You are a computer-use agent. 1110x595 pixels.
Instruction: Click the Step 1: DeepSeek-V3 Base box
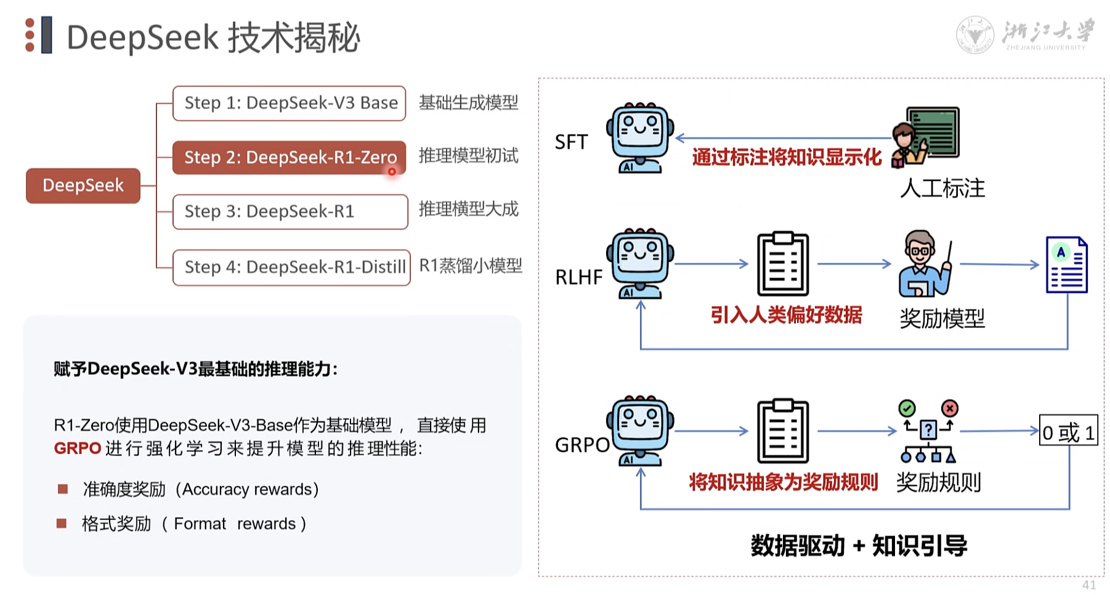click(x=289, y=103)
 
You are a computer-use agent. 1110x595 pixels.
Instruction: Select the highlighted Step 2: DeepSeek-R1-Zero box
click(x=289, y=158)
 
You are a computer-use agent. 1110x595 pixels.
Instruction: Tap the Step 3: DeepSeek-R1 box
click(x=290, y=212)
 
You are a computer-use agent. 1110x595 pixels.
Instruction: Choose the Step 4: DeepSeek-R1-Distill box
click(x=291, y=267)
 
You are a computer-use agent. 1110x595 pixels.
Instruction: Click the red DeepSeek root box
click(x=83, y=185)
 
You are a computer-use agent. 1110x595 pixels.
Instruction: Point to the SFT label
click(x=571, y=142)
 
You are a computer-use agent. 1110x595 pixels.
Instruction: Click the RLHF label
click(x=578, y=278)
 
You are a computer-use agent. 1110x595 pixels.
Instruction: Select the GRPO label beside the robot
click(x=581, y=445)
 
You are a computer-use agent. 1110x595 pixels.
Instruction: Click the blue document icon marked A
click(x=1066, y=265)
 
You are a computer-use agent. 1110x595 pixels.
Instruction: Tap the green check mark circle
click(x=907, y=408)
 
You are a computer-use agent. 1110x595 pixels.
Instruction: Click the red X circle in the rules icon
click(x=950, y=408)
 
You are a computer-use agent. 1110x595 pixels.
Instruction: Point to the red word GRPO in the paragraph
click(x=77, y=448)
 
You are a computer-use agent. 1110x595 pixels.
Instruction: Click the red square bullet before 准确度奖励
click(x=62, y=489)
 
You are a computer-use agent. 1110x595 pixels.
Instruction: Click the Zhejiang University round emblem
click(x=974, y=34)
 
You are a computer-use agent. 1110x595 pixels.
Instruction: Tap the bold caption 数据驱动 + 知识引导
click(x=859, y=546)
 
